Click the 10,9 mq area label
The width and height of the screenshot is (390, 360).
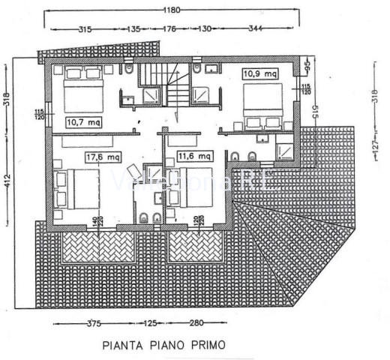point(258,74)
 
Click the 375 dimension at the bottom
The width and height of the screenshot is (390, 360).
point(93,324)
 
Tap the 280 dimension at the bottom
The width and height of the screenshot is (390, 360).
point(197,324)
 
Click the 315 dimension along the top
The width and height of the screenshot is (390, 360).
point(84,29)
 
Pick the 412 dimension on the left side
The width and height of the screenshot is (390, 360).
point(6,180)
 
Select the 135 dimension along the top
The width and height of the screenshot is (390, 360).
point(134,29)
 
